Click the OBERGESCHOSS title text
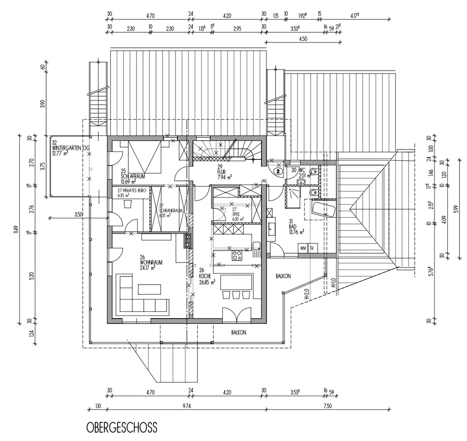pos(121,427)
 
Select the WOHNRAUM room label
pos(151,263)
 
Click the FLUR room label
pos(221,171)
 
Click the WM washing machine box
pos(304,248)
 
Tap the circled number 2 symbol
pos(277,171)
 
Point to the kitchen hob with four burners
pos(237,255)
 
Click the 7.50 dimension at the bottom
pos(327,406)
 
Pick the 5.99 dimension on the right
pos(455,208)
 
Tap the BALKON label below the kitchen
pos(238,333)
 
